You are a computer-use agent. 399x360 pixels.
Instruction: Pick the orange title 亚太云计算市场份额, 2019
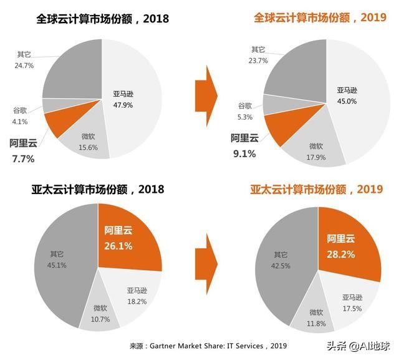click(316, 188)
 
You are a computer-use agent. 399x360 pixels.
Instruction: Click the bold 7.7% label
click(22, 158)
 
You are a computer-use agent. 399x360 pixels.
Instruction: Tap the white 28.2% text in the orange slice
click(342, 254)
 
